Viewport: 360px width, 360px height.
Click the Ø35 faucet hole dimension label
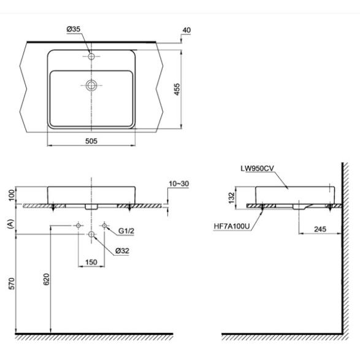[74, 29]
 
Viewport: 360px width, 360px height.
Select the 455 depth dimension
[177, 90]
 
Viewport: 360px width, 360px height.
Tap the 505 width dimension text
[91, 141]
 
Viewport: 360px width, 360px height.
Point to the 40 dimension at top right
[186, 30]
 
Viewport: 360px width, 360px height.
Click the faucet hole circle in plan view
[91, 56]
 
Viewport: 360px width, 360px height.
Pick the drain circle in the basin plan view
[91, 85]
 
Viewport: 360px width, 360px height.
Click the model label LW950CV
[257, 168]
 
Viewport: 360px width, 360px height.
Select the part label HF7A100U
[231, 226]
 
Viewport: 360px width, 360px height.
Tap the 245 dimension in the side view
[320, 229]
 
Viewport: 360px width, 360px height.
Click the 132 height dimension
[231, 197]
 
